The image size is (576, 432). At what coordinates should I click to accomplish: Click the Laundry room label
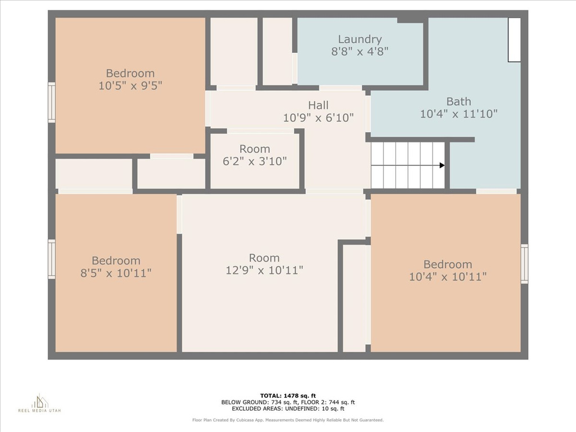click(x=359, y=39)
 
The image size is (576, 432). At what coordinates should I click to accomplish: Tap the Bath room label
click(x=458, y=101)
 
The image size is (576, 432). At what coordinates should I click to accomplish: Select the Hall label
click(x=318, y=105)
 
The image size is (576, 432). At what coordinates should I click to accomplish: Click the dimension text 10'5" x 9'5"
click(x=130, y=85)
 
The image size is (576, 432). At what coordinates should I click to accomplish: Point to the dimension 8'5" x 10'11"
click(x=116, y=273)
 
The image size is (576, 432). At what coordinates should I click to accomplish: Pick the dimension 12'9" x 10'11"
click(x=264, y=271)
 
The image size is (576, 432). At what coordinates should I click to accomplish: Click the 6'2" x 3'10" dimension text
click(x=255, y=161)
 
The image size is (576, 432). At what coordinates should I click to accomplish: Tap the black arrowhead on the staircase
click(x=442, y=165)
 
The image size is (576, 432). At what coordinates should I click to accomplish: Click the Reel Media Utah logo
click(x=40, y=403)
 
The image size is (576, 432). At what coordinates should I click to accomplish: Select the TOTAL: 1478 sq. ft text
click(x=288, y=395)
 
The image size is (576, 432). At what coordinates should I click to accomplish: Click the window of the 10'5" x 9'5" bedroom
click(x=52, y=102)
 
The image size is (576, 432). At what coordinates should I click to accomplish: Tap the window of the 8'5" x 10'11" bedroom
click(x=52, y=259)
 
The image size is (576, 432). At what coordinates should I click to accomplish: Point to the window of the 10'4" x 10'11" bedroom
click(x=524, y=264)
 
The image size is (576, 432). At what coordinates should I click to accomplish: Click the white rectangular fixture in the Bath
click(x=514, y=40)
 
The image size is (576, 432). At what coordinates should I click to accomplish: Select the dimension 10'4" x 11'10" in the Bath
click(x=458, y=114)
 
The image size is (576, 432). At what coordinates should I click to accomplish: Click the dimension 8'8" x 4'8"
click(x=359, y=51)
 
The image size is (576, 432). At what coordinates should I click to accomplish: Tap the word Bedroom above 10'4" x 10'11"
click(x=447, y=264)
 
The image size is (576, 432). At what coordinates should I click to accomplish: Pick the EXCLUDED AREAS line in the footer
click(x=288, y=408)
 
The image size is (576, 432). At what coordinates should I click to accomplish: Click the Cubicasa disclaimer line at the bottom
click(x=288, y=420)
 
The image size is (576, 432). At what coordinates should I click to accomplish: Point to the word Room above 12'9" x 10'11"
click(x=264, y=258)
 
